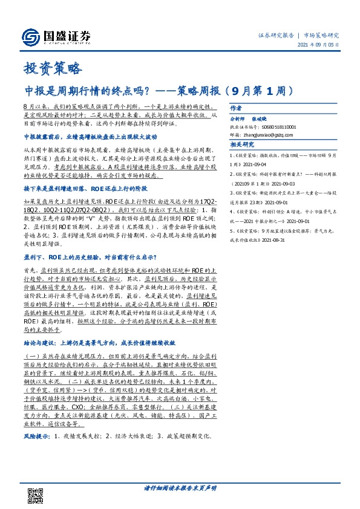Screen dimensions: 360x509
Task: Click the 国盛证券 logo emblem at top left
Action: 29,37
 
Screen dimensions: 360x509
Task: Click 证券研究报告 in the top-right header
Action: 275,36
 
